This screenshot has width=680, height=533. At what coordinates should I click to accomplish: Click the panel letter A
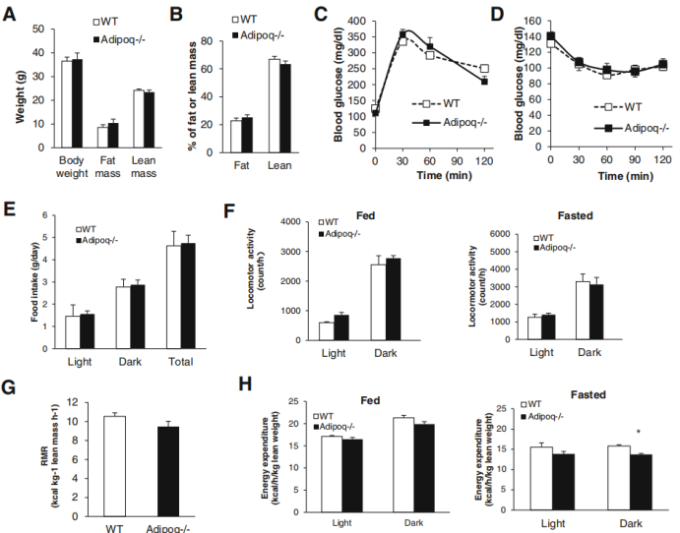pos(11,15)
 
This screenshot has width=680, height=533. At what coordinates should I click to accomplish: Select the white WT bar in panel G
pos(115,466)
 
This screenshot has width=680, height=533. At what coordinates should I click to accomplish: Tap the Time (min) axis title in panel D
pos(615,177)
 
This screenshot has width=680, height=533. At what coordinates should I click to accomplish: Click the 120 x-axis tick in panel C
pos(483,159)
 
